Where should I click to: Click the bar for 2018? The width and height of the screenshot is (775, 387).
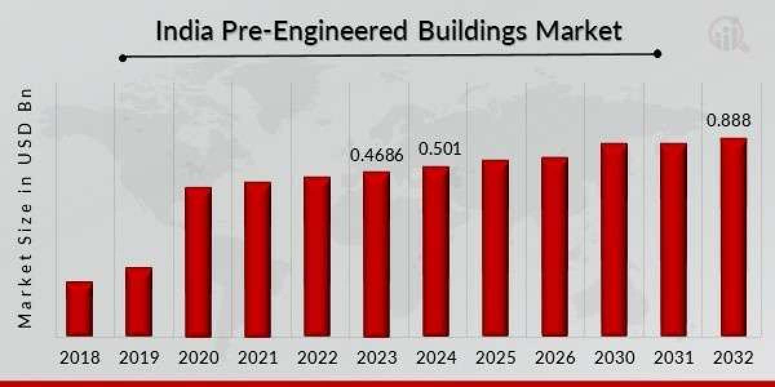[79, 309]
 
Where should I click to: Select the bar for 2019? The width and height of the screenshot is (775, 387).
[139, 302]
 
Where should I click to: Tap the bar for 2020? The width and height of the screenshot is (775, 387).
[198, 262]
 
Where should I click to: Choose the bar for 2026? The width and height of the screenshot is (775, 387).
[555, 246]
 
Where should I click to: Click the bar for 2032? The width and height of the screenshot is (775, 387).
[733, 237]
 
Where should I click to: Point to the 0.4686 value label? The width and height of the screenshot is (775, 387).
[377, 155]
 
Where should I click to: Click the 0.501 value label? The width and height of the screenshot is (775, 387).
[440, 150]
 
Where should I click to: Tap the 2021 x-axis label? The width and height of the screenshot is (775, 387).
[258, 358]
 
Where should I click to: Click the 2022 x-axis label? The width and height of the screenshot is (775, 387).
[317, 358]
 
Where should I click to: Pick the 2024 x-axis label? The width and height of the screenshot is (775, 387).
[436, 358]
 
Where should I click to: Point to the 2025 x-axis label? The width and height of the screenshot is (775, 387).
[495, 358]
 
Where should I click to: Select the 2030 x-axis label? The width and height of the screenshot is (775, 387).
[614, 358]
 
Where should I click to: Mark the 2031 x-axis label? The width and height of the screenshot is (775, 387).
[674, 358]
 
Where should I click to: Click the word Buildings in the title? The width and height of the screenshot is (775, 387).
[462, 32]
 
